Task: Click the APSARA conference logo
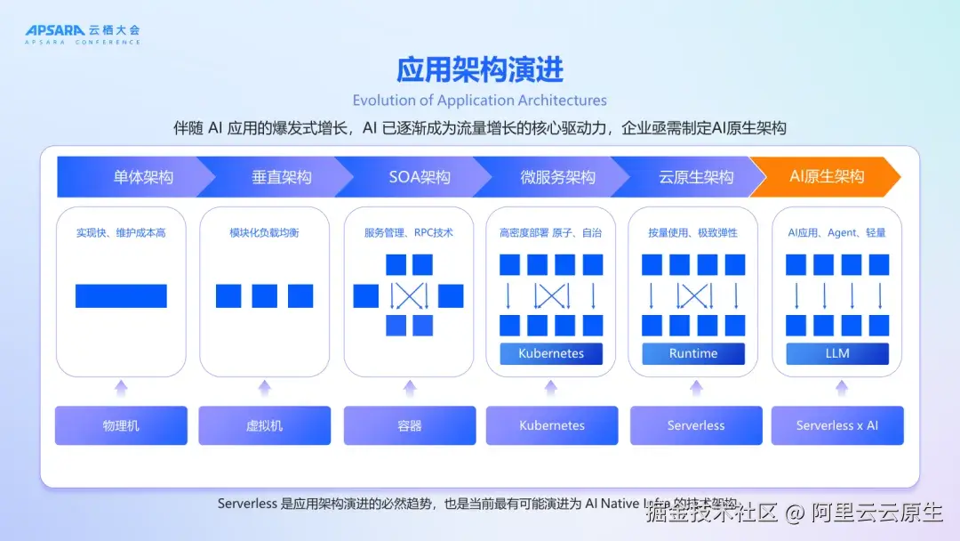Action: [82, 34]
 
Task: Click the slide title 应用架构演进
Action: [480, 69]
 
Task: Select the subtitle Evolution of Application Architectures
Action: [480, 101]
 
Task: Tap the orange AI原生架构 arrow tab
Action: [827, 176]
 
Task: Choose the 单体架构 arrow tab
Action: [142, 176]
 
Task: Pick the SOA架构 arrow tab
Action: [420, 176]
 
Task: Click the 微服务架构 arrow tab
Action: [557, 176]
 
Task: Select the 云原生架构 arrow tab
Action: [696, 176]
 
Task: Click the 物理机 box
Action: [121, 425]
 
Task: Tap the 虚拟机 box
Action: [264, 425]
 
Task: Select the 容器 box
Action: [410, 425]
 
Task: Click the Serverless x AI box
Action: [837, 425]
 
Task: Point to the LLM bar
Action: [837, 353]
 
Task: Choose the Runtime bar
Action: [693, 353]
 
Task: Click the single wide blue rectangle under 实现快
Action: [121, 295]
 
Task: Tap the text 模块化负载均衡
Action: [264, 233]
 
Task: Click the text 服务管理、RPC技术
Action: [409, 233]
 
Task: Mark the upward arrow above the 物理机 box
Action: [121, 387]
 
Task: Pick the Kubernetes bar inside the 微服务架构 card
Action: [551, 353]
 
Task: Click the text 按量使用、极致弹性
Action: [693, 233]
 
